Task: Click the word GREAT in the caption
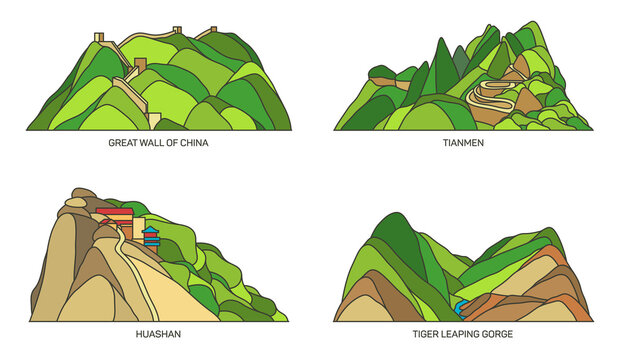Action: pyautogui.click(x=123, y=143)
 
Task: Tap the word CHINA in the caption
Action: pyautogui.click(x=194, y=143)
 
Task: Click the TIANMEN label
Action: pyautogui.click(x=463, y=143)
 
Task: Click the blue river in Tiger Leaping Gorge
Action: pyautogui.click(x=462, y=307)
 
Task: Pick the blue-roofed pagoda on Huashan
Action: pyautogui.click(x=151, y=236)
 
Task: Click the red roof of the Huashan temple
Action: pyautogui.click(x=114, y=212)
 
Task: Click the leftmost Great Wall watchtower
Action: pyautogui.click(x=99, y=38)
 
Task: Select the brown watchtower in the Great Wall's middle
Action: pyautogui.click(x=140, y=65)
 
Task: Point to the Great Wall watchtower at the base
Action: pyautogui.click(x=155, y=120)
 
